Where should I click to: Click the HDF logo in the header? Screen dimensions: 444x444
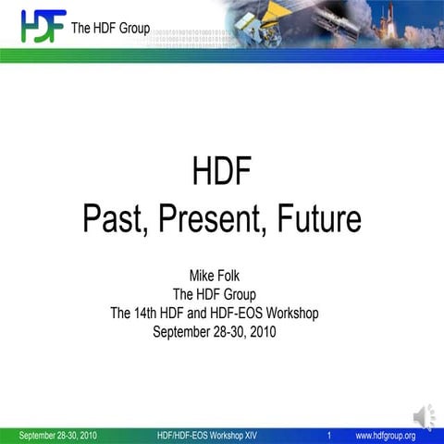43,26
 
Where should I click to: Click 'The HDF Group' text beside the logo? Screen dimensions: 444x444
110,29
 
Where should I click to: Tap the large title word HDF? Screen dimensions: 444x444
222,172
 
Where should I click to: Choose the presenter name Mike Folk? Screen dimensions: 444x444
222,276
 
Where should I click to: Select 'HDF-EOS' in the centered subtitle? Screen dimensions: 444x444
233,313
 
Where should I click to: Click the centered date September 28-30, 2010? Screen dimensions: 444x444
222,331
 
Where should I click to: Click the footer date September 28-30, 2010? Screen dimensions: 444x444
57,436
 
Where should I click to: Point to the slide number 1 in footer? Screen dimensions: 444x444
329,436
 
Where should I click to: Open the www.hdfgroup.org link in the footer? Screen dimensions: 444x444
386,436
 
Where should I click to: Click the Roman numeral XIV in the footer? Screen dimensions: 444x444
250,436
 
